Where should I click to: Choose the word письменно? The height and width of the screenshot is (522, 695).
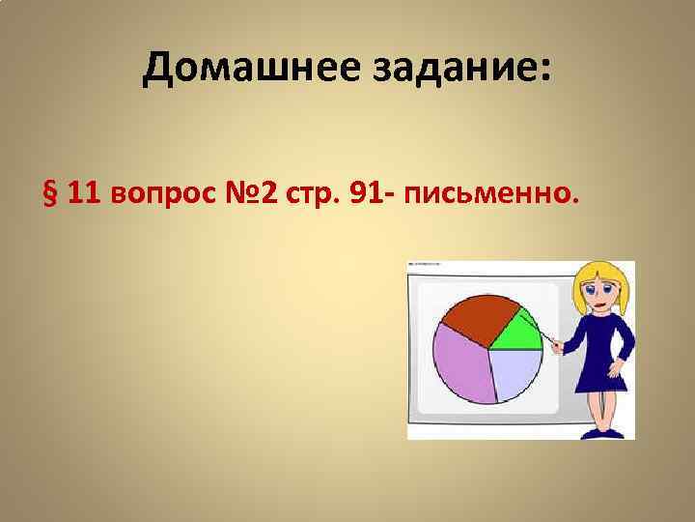point(493,197)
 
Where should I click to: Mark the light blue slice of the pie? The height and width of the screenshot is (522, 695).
point(516,372)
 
